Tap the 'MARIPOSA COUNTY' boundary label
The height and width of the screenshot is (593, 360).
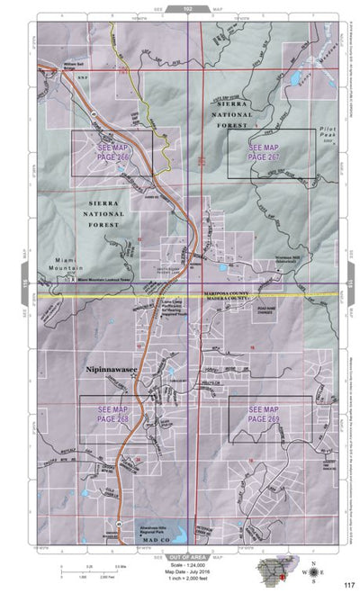pos(240,290)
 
